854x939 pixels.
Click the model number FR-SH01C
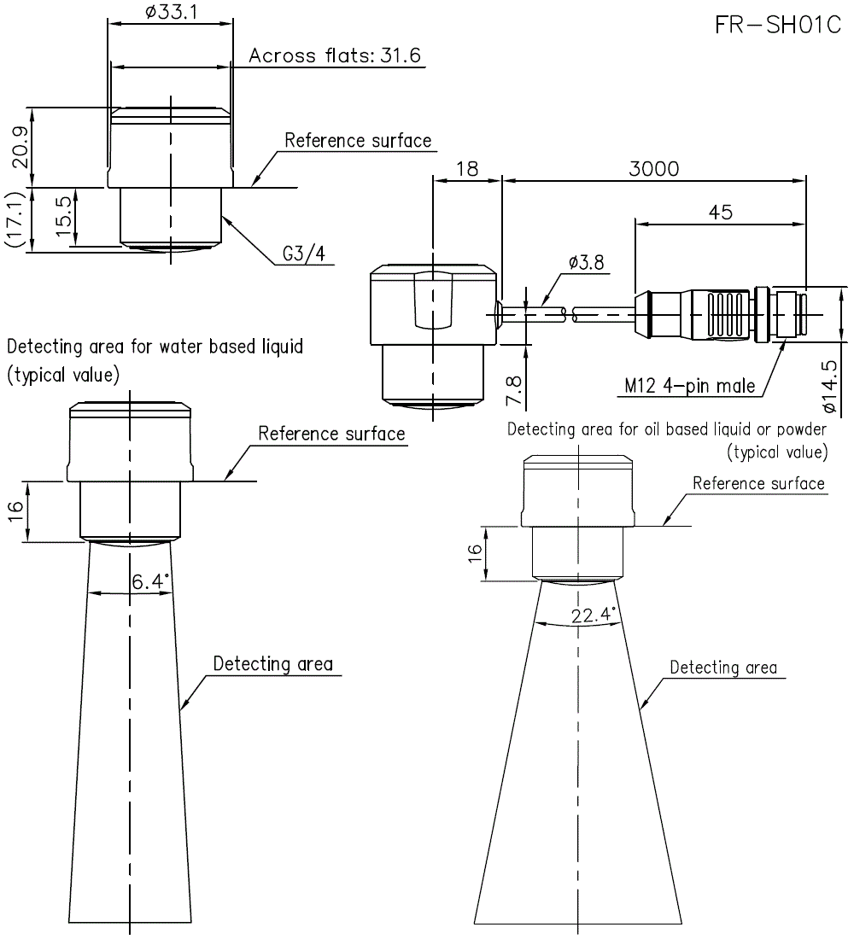coord(777,25)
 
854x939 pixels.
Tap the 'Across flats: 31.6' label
coord(335,56)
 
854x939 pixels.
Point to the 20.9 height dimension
coord(21,146)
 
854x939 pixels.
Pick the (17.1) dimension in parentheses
coord(15,219)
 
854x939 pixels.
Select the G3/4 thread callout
coord(304,254)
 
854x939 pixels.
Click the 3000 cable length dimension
coord(653,168)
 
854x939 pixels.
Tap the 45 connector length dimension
coord(720,213)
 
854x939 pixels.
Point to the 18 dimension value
coord(466,168)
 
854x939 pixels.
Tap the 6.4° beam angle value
coord(150,582)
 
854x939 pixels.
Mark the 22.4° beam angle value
coord(593,615)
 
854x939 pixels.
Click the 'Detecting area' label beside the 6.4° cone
coord(272,663)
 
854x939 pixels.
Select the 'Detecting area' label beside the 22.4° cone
coord(722,667)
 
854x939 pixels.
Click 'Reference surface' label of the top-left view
coord(358,140)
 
